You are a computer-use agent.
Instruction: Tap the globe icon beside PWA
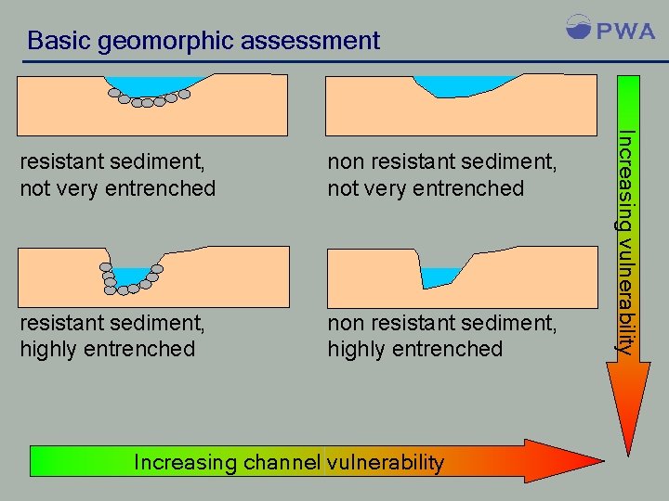578,27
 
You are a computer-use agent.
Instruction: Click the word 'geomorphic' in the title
161,41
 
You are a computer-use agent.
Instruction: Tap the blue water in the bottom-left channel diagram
134,276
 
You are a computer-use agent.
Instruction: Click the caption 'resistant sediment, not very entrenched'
117,175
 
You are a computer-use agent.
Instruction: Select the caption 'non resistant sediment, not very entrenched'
442,175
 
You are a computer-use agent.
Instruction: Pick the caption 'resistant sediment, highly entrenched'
111,336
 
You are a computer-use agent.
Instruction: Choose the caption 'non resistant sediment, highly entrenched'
442,336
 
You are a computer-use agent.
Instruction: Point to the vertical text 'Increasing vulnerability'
627,241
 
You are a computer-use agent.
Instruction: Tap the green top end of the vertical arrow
629,88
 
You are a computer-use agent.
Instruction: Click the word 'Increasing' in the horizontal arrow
185,462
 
